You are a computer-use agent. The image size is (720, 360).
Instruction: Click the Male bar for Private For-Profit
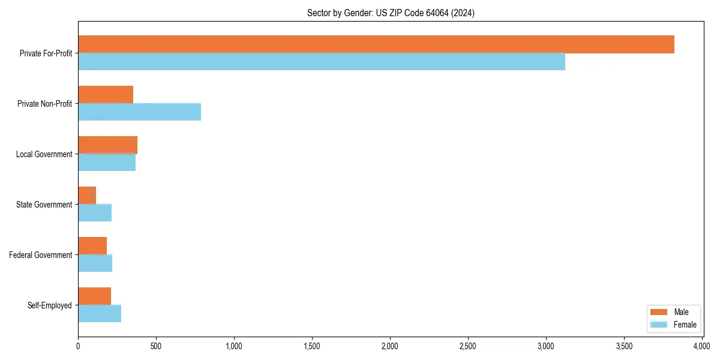pos(376,44)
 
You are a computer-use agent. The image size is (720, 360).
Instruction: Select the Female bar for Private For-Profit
pos(322,62)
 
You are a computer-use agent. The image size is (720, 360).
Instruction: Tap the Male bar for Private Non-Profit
pos(106,95)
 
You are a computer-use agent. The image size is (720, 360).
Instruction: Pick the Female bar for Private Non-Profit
pos(139,112)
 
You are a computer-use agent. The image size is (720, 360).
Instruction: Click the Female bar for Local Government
pos(107,163)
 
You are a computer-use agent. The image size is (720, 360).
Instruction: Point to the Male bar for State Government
pos(87,196)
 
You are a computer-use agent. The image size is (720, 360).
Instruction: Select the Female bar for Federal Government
pos(95,263)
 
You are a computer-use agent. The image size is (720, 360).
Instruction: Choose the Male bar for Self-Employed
pos(94,296)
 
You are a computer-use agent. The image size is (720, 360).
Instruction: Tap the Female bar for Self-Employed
pos(100,314)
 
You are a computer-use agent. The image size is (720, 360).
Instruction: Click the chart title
pos(391,13)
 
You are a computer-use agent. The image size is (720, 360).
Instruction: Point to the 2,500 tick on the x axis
pos(468,346)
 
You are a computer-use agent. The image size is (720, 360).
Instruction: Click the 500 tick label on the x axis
pos(156,346)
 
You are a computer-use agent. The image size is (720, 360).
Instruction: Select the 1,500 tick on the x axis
pos(312,346)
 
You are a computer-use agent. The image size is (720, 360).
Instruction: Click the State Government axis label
pos(44,205)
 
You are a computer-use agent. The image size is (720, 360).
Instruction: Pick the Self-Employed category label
pos(50,305)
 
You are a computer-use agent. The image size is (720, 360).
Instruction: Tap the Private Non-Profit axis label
pos(45,104)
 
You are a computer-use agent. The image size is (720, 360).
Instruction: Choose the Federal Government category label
pos(41,255)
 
